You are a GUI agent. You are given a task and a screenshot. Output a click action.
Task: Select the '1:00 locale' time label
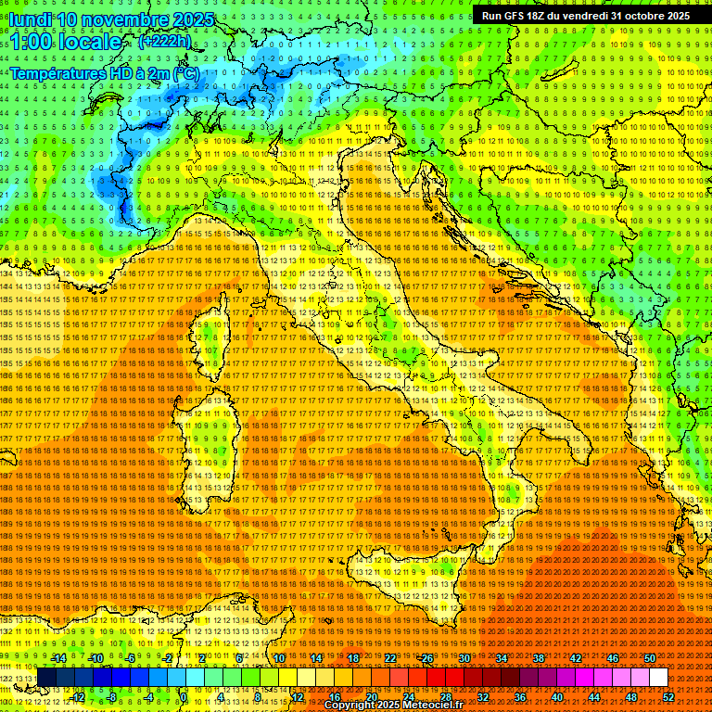(66, 42)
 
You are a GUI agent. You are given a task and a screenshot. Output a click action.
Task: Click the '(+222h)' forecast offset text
(164, 41)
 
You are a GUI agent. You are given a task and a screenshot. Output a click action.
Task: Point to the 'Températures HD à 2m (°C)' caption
(104, 72)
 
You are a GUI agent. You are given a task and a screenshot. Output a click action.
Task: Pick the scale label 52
(668, 697)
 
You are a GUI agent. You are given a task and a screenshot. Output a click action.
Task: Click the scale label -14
(57, 658)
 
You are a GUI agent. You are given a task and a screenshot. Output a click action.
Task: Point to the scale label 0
(184, 697)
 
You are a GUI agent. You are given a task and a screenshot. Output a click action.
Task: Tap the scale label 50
(650, 658)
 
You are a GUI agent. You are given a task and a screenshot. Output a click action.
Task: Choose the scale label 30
(464, 658)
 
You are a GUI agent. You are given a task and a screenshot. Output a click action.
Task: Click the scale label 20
(371, 697)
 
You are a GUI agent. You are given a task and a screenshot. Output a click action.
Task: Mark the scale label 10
(279, 658)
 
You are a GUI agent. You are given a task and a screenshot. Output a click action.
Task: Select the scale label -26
(426, 658)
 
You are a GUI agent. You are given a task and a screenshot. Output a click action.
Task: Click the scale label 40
(556, 697)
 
